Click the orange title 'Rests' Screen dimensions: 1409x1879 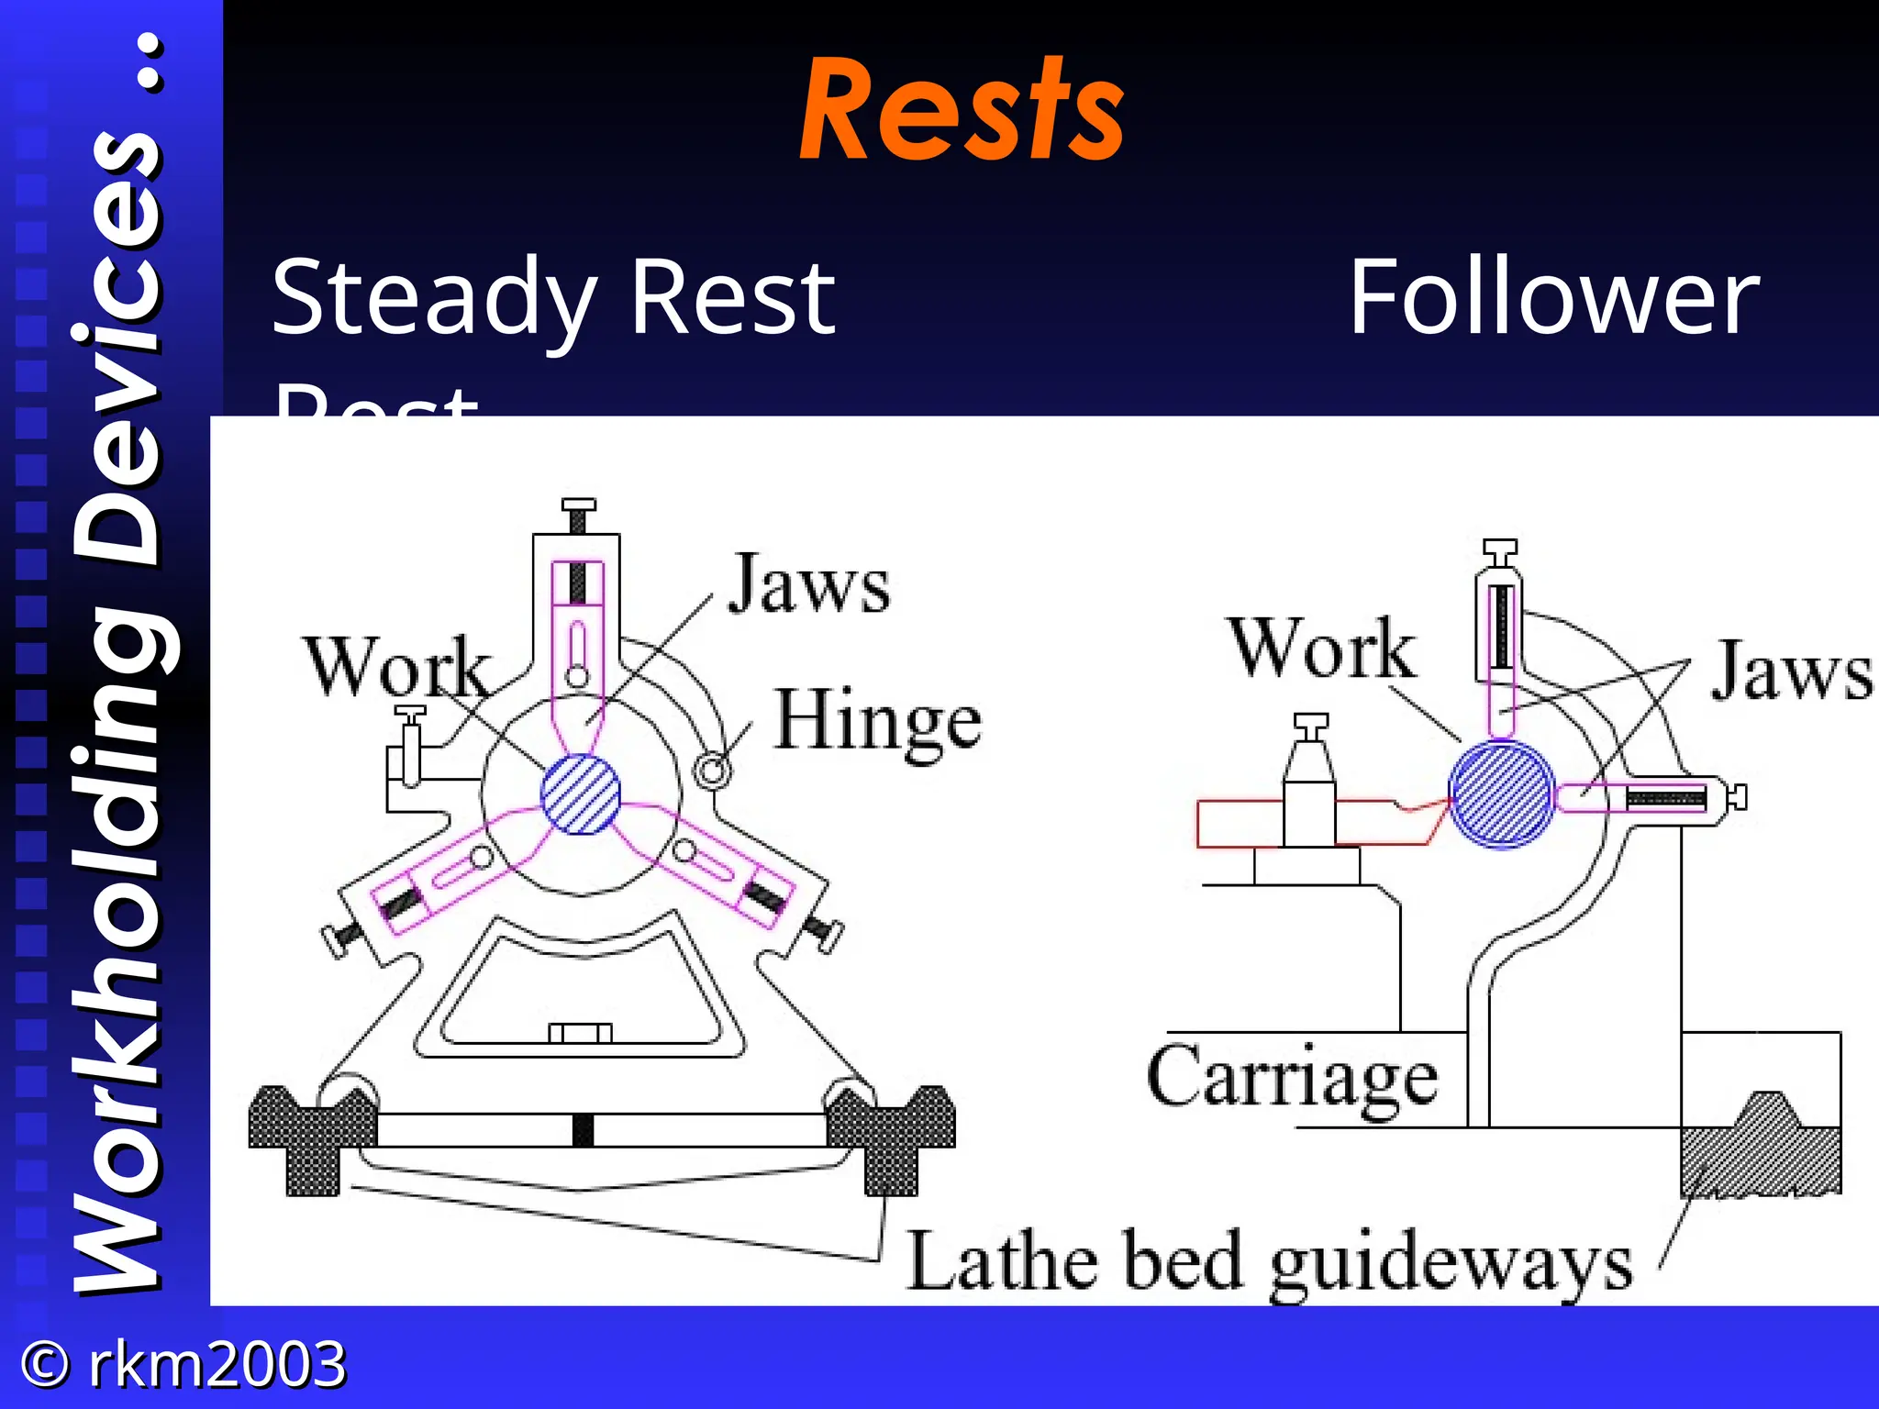962,110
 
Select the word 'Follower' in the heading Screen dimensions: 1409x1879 1553,298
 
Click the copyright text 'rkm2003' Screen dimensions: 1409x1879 217,1364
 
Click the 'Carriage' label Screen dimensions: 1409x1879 1292,1079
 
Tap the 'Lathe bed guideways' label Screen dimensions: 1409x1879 1270,1262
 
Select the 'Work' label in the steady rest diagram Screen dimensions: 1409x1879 396,667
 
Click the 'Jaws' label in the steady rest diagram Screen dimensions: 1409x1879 808,585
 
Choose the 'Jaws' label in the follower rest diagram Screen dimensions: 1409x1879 1791,672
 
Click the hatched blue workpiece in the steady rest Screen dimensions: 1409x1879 580,794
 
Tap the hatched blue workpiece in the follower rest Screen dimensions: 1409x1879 1501,794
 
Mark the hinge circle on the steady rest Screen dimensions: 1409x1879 712,769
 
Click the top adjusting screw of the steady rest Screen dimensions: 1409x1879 578,515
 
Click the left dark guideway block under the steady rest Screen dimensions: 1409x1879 312,1137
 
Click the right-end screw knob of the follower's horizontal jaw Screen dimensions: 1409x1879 1737,797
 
